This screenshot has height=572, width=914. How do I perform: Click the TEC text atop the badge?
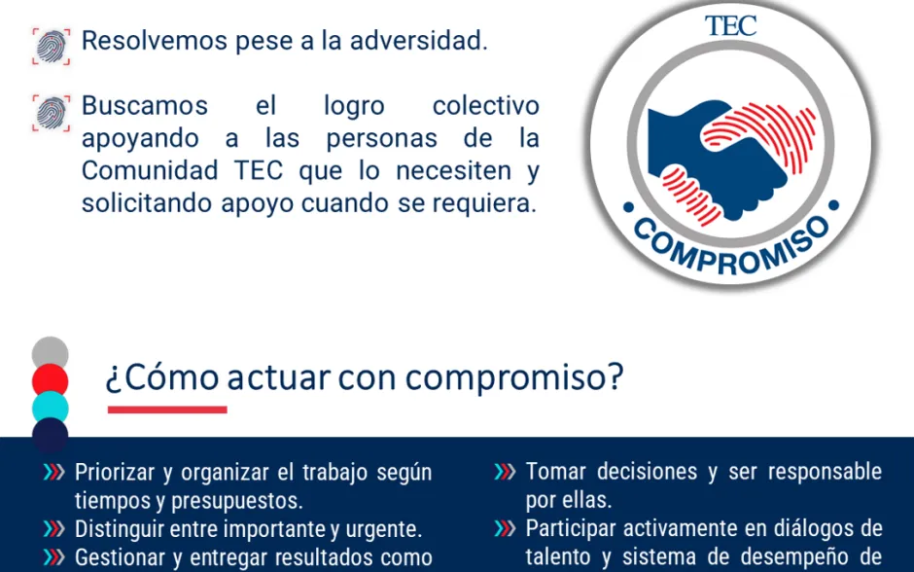point(730,25)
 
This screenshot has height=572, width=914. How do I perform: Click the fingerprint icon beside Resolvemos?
point(52,46)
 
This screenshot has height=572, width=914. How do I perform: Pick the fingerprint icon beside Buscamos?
point(52,113)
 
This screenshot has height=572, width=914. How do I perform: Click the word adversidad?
point(418,41)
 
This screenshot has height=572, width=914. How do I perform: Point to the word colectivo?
point(485,106)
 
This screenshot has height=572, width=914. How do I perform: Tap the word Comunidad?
point(149,171)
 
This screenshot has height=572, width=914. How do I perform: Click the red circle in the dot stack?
point(51,379)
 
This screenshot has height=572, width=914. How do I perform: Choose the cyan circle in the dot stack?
point(51,407)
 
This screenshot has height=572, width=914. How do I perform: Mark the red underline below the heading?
point(167,410)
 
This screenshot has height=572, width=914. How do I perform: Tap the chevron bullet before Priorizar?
point(54,472)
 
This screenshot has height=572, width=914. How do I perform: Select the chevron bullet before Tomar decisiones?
point(505,472)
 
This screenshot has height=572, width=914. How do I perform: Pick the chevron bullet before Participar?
point(505,529)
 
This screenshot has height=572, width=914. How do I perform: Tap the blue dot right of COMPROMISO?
point(833,205)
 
